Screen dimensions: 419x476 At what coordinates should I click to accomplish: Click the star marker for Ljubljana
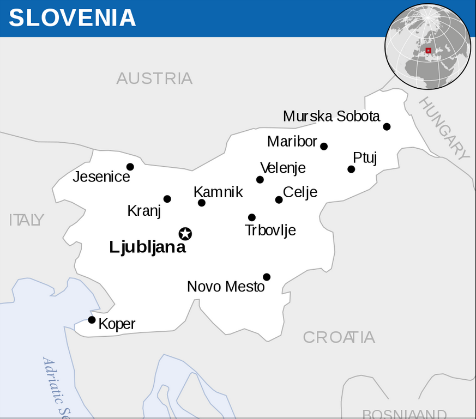185,234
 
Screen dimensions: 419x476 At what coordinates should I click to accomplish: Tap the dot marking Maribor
324,146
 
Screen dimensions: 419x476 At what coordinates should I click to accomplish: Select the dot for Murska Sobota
387,126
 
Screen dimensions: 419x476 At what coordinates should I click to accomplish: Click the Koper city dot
92,320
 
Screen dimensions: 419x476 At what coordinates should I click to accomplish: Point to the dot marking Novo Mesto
267,277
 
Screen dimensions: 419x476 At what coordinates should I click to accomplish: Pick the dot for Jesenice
130,167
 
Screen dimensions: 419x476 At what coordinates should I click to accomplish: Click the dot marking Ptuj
351,169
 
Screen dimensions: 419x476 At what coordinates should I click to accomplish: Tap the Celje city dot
279,199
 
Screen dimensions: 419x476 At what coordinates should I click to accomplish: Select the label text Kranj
144,211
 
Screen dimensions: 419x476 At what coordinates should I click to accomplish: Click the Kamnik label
218,192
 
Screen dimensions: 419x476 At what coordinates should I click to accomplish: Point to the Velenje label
283,168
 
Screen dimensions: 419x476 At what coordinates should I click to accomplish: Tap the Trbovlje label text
270,230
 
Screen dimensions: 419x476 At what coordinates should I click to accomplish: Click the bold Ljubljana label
147,247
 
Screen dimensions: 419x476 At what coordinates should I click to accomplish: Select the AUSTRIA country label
154,78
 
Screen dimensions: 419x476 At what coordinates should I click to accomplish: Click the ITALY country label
26,220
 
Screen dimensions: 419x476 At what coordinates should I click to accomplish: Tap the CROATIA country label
339,337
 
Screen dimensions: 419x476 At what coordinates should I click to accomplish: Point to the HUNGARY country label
444,129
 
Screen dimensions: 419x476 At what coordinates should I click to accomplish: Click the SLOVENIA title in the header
72,18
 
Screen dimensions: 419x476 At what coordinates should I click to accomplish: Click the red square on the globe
429,50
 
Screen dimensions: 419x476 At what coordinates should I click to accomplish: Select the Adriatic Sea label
58,387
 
